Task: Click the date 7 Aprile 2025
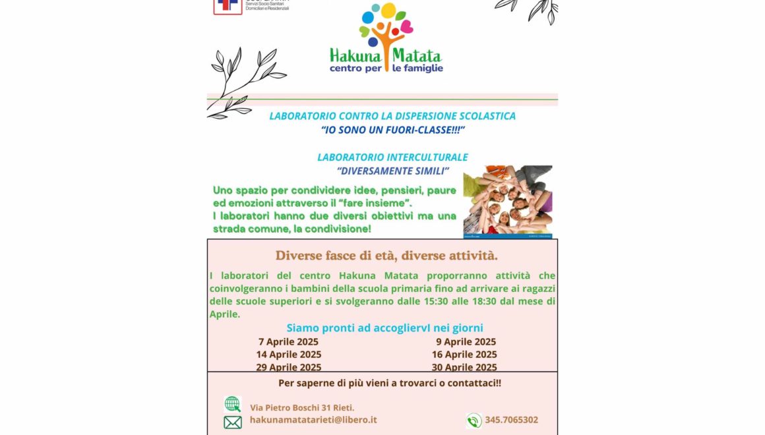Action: pos(288,342)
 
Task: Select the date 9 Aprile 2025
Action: pos(466,342)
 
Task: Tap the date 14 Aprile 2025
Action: pos(288,355)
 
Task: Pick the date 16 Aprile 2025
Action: pos(464,355)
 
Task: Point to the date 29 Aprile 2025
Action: pos(288,367)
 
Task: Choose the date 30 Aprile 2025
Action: pos(464,367)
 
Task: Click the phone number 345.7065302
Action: pos(511,420)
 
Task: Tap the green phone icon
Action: pos(474,420)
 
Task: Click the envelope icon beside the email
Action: pos(232,422)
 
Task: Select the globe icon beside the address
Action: pos(232,404)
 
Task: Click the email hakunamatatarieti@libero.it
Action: pos(313,420)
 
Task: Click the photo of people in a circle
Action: pos(508,200)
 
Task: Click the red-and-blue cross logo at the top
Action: pos(228,7)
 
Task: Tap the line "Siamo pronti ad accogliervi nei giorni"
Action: pos(384,328)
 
